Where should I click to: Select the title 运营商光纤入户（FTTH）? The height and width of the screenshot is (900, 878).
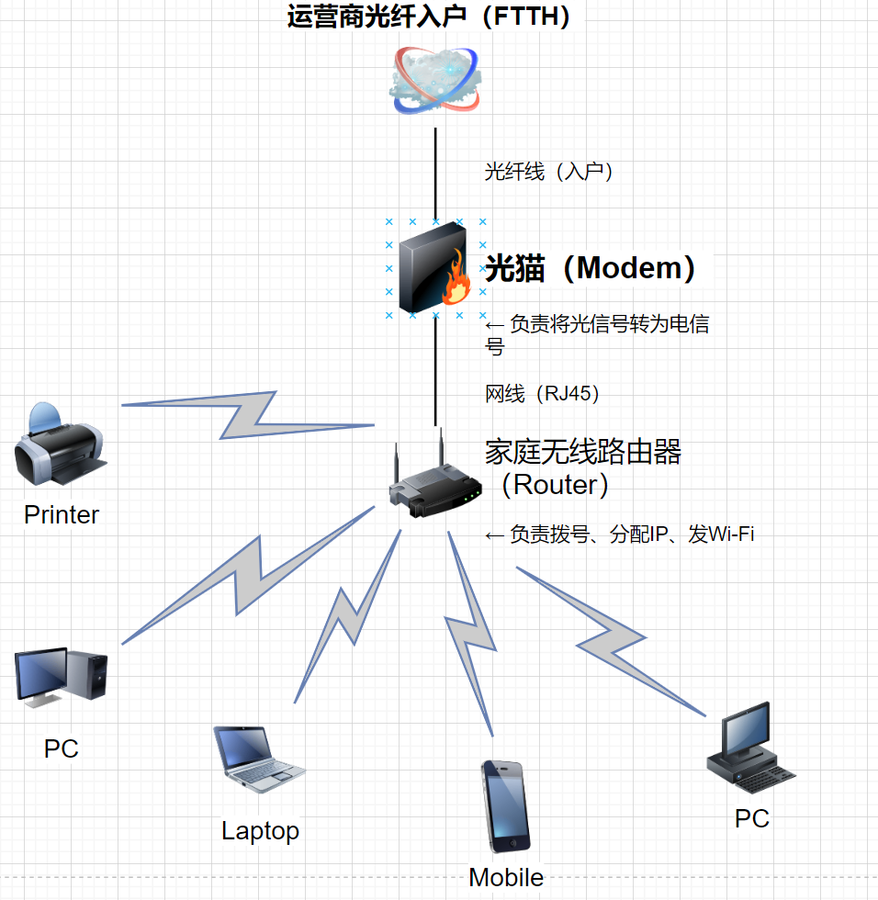[x=430, y=17]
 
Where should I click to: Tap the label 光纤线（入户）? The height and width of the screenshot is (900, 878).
[x=548, y=172]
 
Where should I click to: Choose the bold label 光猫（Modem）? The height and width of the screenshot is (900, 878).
[x=590, y=268]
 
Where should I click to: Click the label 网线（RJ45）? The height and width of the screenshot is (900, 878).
[x=542, y=394]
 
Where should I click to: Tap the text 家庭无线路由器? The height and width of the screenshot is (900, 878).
[x=583, y=452]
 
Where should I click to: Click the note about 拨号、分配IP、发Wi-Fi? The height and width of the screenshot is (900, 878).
[x=620, y=534]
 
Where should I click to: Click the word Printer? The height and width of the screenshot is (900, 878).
[x=62, y=514]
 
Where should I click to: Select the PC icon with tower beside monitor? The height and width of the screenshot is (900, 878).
[x=62, y=678]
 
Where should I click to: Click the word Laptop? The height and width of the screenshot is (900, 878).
[x=260, y=831]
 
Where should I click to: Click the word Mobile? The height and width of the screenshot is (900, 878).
[x=506, y=877]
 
